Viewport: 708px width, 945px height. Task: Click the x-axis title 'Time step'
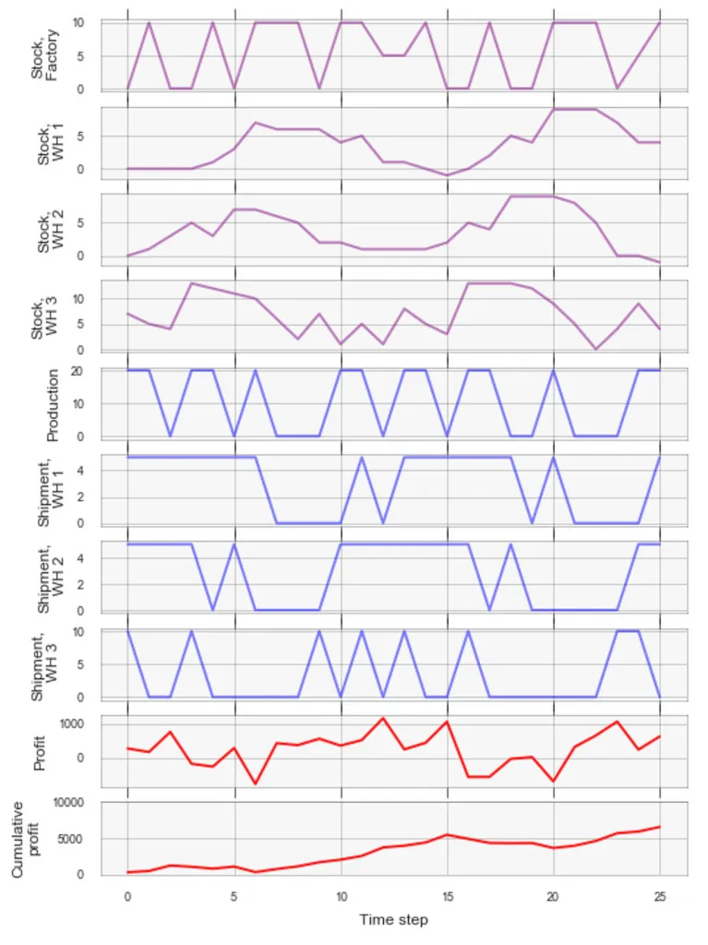[x=393, y=919]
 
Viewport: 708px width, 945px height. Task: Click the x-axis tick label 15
[x=448, y=896]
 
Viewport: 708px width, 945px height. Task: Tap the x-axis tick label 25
[x=660, y=896]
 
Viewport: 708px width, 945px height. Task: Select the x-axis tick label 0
[x=127, y=896]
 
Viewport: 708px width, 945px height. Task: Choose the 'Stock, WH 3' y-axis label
[x=43, y=316]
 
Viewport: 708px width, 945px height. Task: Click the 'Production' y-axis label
[x=53, y=404]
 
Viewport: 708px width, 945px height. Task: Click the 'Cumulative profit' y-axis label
[x=28, y=839]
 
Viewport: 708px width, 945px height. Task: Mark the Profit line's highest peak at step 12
[x=383, y=718]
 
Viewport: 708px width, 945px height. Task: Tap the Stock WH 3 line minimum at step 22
[x=596, y=349]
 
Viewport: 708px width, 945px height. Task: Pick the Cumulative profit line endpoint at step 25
[x=660, y=827]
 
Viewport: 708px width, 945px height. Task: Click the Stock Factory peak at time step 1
[x=149, y=22]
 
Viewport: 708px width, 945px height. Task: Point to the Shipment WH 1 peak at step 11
[x=362, y=458]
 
